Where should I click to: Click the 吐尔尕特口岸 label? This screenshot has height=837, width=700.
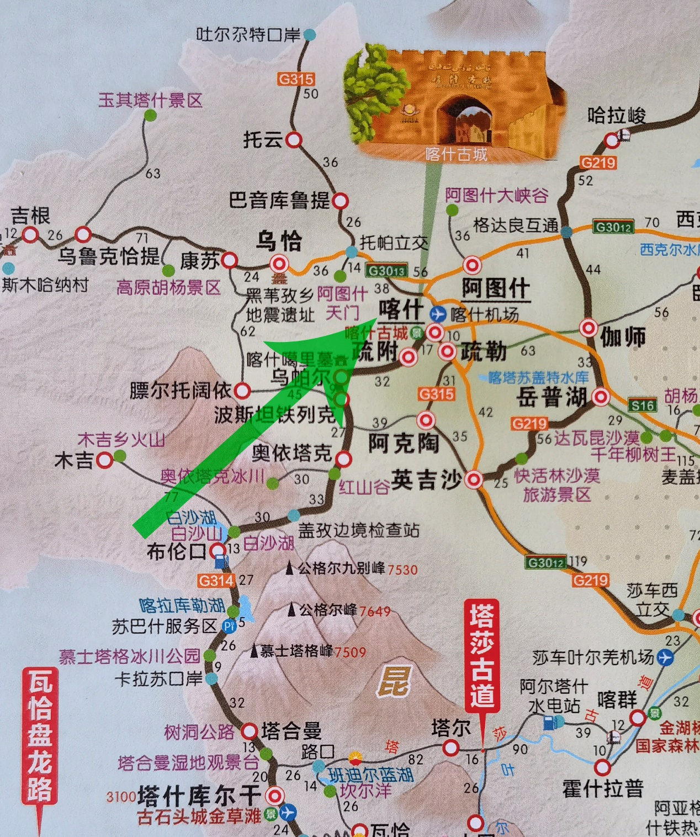[x=248, y=35]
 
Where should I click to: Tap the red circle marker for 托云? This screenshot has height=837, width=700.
[x=294, y=140]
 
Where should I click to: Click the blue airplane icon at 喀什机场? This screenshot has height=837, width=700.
[x=438, y=314]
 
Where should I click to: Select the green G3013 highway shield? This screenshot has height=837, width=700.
[x=387, y=271]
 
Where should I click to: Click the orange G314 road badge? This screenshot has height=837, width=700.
[x=216, y=581]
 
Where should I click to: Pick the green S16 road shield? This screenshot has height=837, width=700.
[x=643, y=406]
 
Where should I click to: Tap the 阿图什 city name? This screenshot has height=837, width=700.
[x=496, y=288]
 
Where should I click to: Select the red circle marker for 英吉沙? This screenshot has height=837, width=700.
[x=474, y=480]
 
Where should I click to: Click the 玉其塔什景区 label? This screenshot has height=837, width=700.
[x=151, y=100]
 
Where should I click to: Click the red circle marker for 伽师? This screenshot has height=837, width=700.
[x=588, y=328]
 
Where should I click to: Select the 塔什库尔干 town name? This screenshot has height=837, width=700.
[x=199, y=796]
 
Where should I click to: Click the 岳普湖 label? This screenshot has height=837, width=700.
[x=551, y=397]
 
